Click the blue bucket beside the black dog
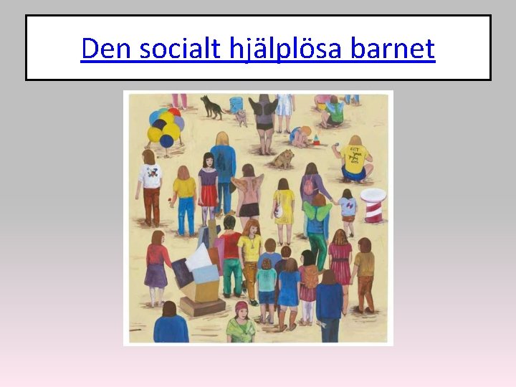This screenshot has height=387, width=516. [x=236, y=105]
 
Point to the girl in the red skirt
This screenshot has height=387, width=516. [x=209, y=188]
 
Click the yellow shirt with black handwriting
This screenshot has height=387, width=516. [x=355, y=159]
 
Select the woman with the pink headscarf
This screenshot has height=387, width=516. [x=242, y=324]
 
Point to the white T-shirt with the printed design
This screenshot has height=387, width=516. [x=151, y=176]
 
